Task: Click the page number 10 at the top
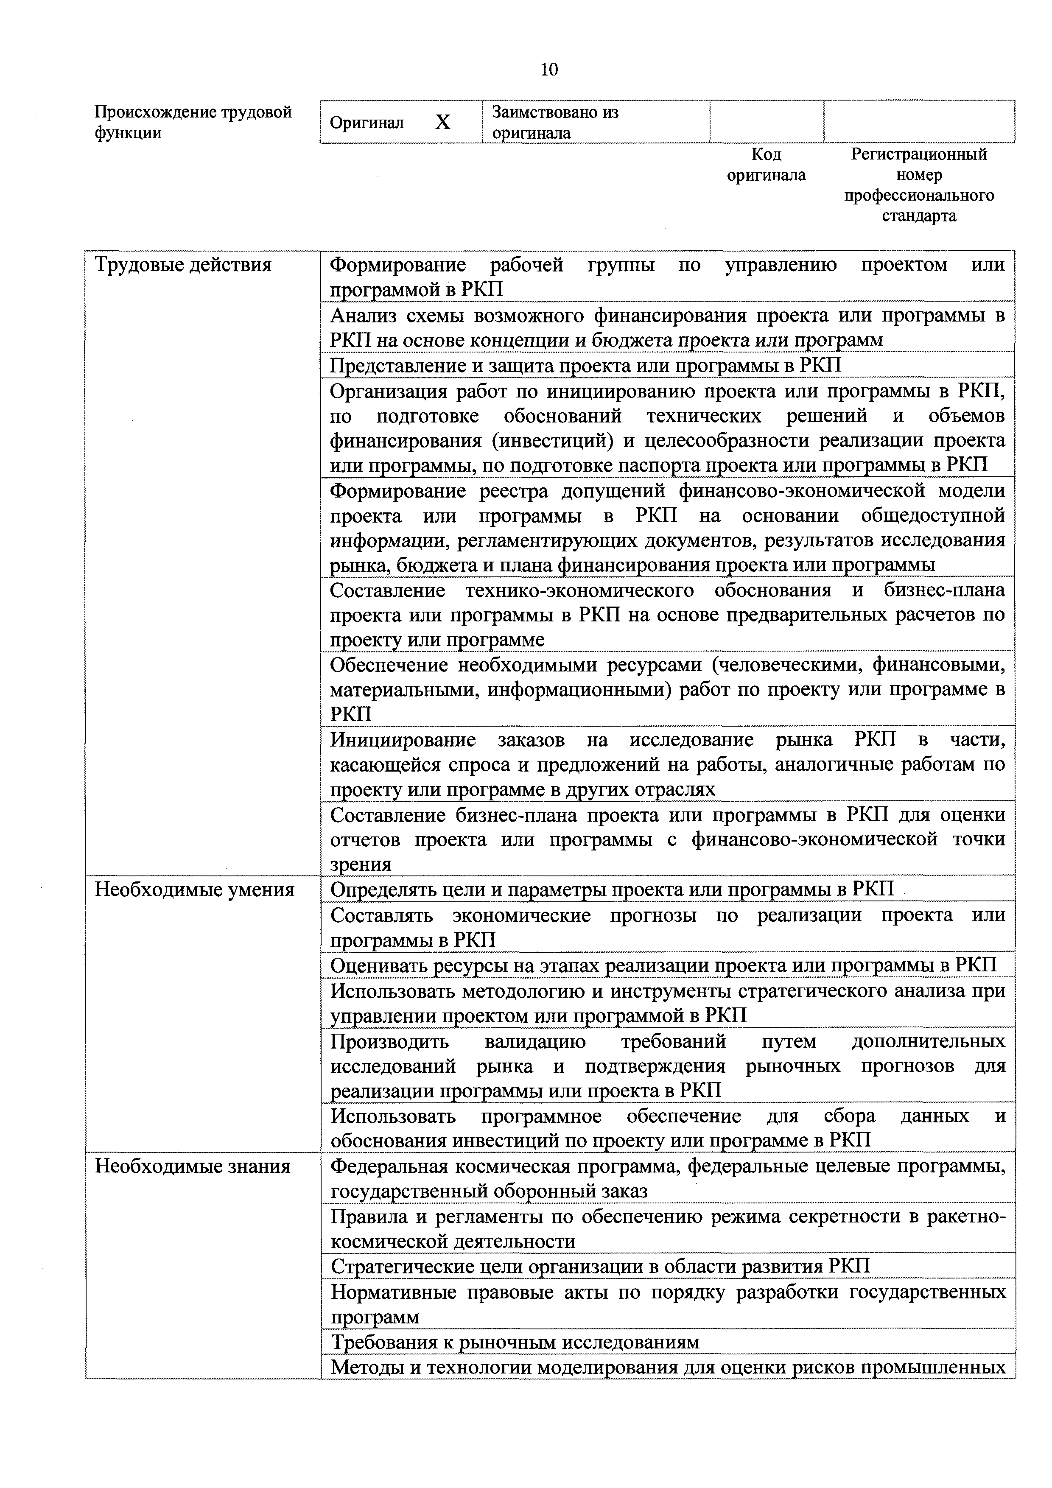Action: point(548,69)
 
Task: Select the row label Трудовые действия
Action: point(183,265)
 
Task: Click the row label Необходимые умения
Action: point(194,890)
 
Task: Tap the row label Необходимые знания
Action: point(193,1166)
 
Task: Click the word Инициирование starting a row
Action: point(403,740)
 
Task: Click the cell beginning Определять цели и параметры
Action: point(611,890)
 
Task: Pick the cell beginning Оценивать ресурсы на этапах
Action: point(663,966)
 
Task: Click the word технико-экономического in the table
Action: point(579,590)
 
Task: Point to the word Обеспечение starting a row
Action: point(389,665)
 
